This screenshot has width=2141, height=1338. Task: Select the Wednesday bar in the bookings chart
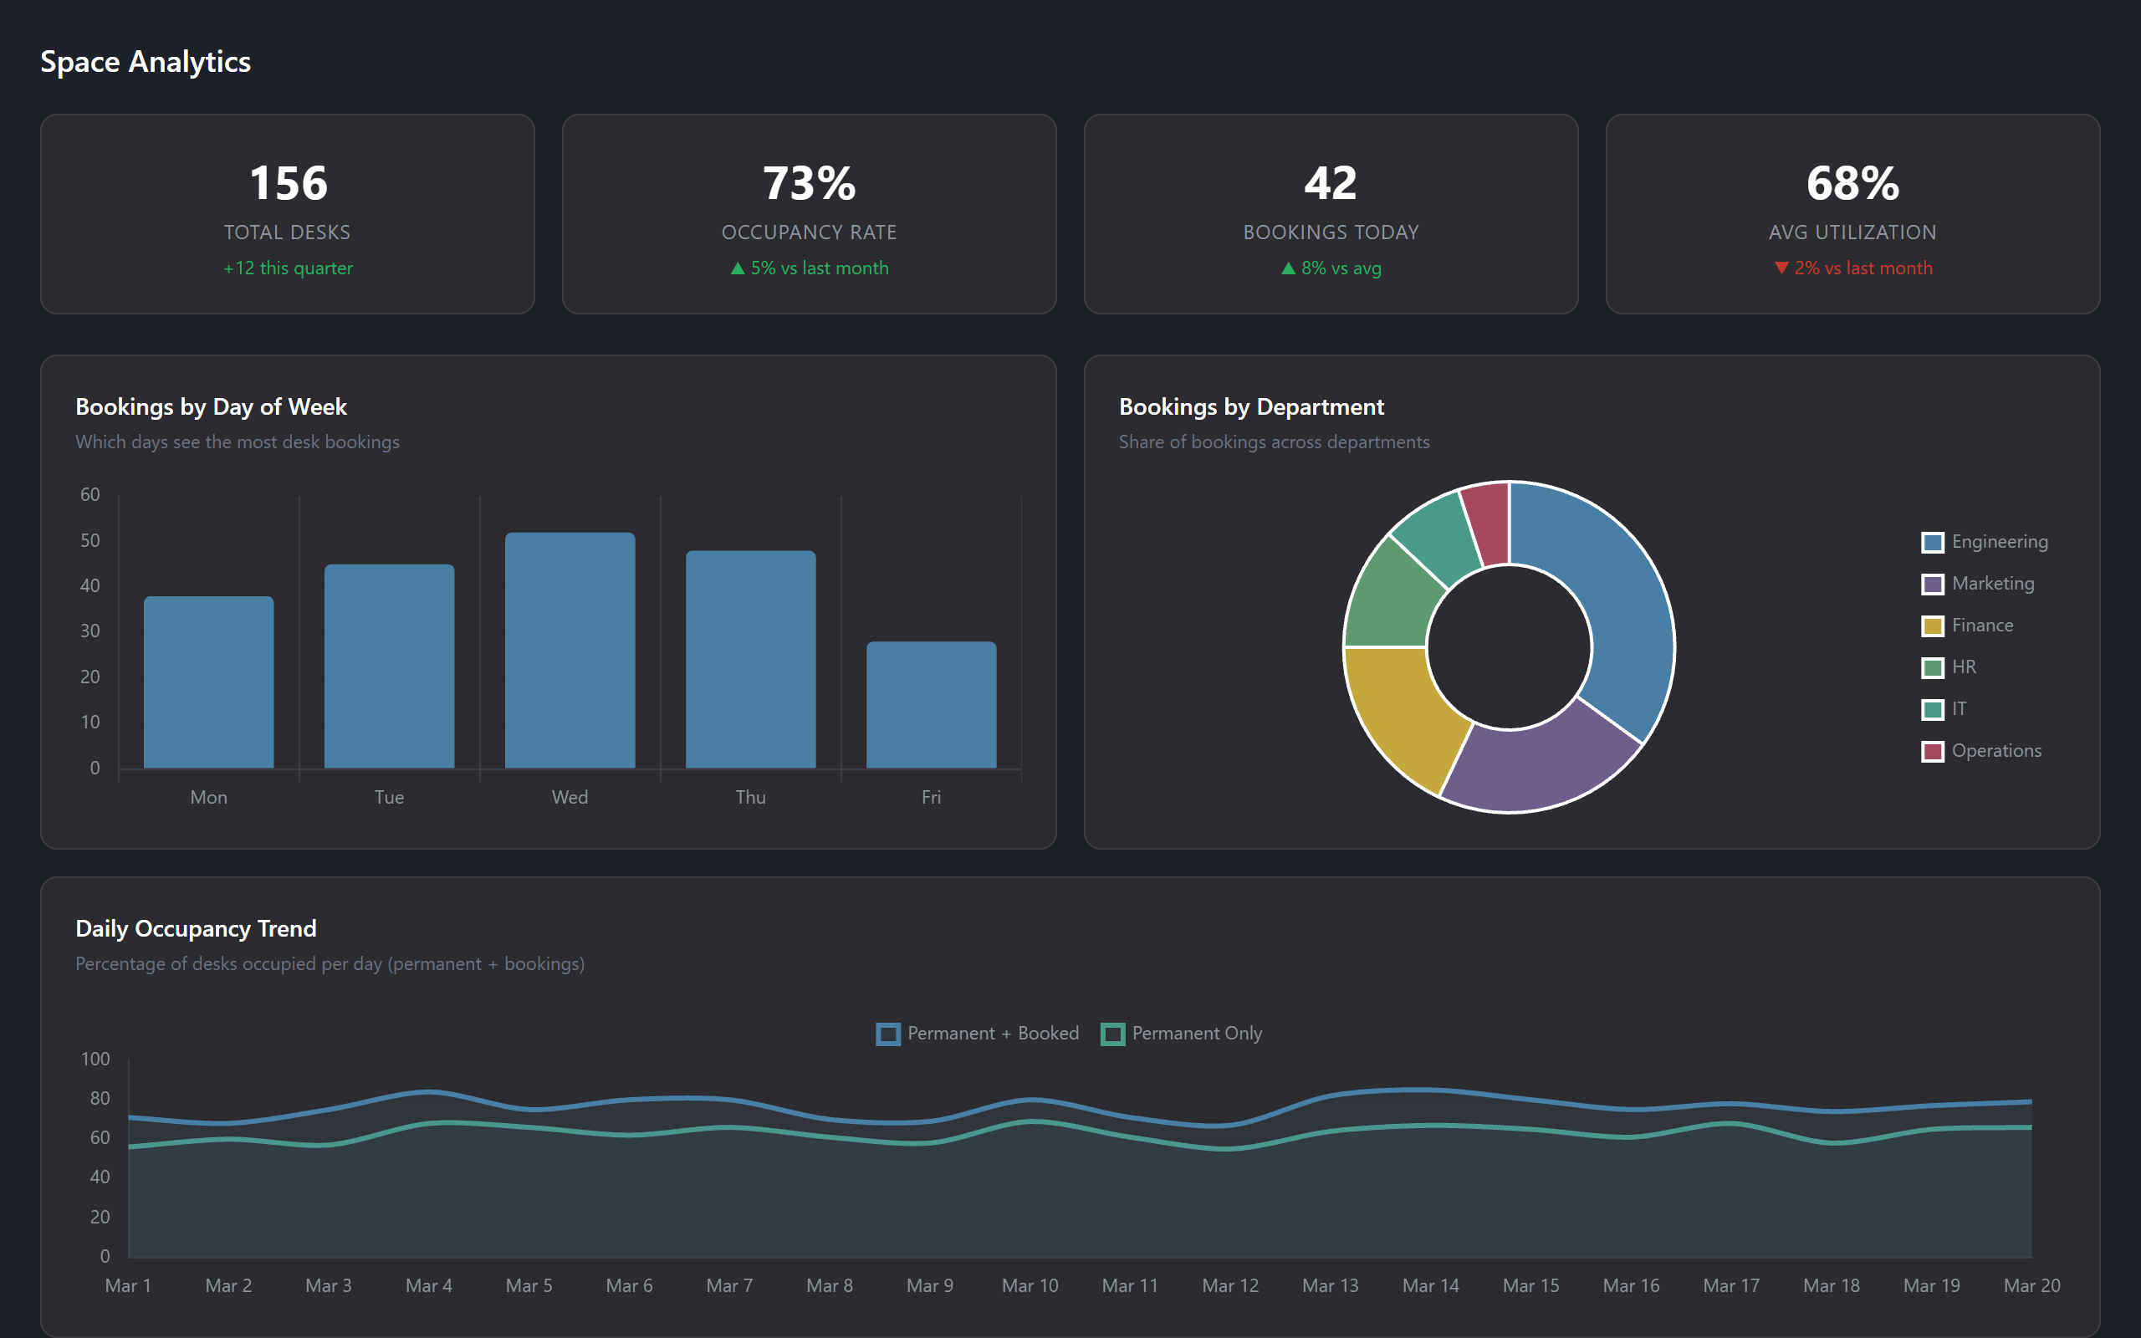[x=570, y=651]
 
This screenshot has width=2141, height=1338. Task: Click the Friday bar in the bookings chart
[x=931, y=705]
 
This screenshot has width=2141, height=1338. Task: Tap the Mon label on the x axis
[x=209, y=797]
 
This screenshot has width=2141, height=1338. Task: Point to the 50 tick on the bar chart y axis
[x=90, y=540]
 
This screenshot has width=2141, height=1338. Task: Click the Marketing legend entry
[x=1991, y=583]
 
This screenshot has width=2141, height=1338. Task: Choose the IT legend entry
[x=1958, y=709]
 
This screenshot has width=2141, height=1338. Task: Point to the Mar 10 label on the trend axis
[x=1030, y=1285]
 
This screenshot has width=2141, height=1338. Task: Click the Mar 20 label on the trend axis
[x=2031, y=1285]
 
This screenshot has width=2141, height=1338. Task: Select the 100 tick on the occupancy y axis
[x=95, y=1059]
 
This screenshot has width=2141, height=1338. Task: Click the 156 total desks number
[x=289, y=183]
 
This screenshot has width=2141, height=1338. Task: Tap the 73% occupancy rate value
[x=809, y=183]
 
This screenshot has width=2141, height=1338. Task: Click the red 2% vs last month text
[x=1863, y=268]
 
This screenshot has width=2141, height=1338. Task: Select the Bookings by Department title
[x=1251, y=407]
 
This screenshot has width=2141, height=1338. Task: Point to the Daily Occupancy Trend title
[x=196, y=928]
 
